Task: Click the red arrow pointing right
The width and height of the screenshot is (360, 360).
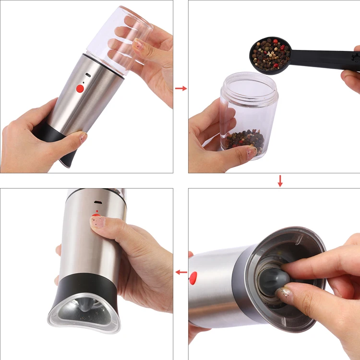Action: tap(180, 88)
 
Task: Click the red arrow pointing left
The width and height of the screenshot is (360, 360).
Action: tap(181, 272)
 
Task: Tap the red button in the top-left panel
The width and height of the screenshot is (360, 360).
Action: tap(80, 88)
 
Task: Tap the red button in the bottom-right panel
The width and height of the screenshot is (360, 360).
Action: tap(193, 277)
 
